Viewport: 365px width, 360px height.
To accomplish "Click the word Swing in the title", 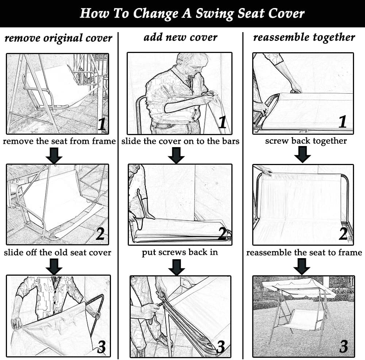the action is pos(214,14).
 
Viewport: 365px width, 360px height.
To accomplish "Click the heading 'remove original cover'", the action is pos(58,38).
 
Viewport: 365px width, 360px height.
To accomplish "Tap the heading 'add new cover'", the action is pos(180,37).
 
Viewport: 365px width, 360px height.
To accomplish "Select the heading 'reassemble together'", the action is pos(304,37).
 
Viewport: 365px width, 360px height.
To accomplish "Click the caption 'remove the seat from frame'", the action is pos(59,141).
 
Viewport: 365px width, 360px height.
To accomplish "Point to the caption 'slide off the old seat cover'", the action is pos(58,252).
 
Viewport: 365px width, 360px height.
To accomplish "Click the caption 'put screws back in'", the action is pos(180,252).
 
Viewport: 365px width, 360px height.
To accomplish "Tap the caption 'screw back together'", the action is pos(306,141).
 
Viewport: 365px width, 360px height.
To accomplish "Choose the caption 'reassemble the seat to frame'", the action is pos(304,252).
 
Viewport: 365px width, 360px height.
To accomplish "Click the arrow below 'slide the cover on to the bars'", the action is pos(176,155).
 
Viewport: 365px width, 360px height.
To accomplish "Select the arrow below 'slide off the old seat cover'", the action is pos(54,267).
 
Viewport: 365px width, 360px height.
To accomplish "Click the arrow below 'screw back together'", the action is pos(302,154).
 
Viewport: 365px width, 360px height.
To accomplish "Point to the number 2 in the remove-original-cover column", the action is pos(100,234).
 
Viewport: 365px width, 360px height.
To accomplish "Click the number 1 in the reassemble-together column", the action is pos(342,122).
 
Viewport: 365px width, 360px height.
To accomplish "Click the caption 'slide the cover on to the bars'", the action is pos(180,141).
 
